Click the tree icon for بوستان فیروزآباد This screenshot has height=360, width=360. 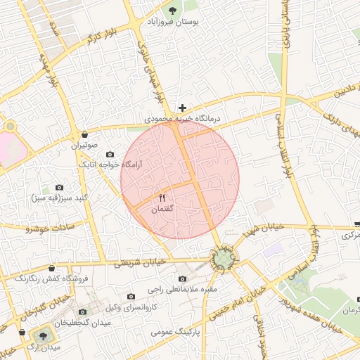172,9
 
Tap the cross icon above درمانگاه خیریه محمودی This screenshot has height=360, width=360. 183,108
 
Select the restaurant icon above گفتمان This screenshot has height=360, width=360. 163,198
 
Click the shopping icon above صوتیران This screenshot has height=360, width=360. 85,134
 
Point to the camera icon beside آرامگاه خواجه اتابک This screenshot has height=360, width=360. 110,155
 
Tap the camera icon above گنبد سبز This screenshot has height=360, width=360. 59,188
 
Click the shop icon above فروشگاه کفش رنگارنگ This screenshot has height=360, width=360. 51,267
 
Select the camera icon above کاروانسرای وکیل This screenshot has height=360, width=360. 131,297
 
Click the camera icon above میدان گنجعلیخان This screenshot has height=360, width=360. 84,311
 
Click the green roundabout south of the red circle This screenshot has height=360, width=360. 224,260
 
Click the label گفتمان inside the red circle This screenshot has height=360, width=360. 162,210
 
